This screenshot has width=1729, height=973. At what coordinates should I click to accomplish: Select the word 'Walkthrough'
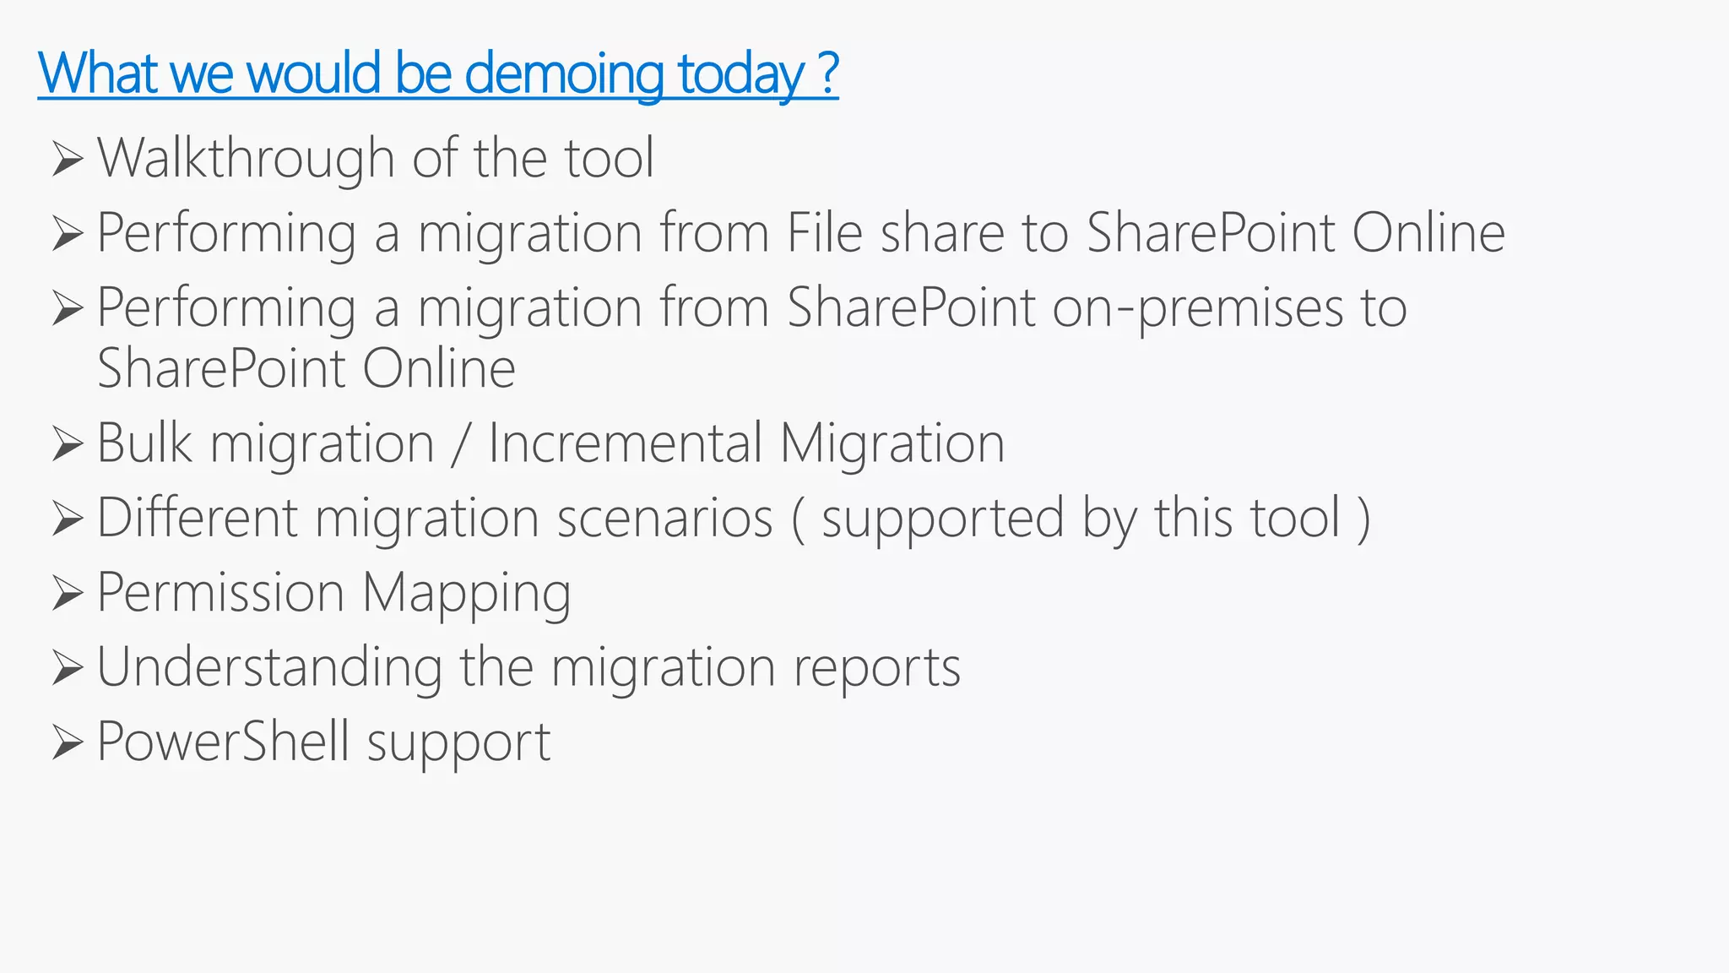(x=246, y=158)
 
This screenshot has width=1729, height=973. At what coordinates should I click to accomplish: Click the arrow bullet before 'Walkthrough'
(x=68, y=159)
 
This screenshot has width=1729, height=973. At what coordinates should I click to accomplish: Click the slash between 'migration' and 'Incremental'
(x=460, y=444)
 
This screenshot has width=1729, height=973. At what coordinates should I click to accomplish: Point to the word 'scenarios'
(x=664, y=518)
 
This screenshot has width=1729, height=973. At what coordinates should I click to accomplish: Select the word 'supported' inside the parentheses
(x=942, y=519)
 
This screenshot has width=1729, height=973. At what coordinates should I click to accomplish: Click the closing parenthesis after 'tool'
(x=1363, y=519)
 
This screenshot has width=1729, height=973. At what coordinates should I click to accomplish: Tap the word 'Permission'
(x=220, y=592)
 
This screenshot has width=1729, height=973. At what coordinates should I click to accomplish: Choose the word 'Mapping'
(x=466, y=594)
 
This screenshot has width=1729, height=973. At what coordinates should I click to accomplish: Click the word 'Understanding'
(x=269, y=667)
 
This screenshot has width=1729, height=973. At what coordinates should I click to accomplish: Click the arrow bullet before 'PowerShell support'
(x=68, y=742)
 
